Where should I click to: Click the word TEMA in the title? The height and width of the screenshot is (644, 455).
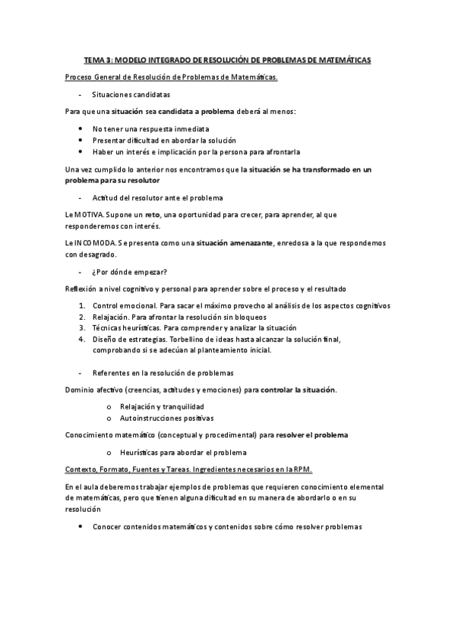[93, 60]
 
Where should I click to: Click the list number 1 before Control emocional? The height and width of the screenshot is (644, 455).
[81, 305]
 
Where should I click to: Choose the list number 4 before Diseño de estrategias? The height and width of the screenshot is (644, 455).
[81, 339]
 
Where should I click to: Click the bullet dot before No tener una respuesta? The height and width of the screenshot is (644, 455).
[81, 128]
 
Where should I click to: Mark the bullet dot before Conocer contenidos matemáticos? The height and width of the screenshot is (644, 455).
[81, 526]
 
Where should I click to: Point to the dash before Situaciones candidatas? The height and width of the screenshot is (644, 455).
[80, 94]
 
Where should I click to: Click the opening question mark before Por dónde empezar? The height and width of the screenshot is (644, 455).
[94, 272]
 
